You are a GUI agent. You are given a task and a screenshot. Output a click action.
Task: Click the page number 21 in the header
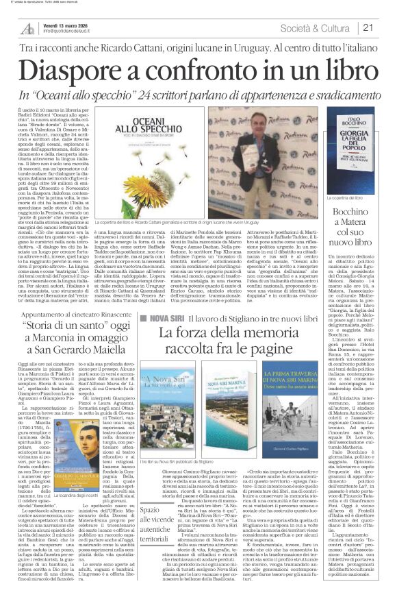(368, 27)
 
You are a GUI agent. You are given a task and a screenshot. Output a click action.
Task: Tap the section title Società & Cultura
(320, 27)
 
